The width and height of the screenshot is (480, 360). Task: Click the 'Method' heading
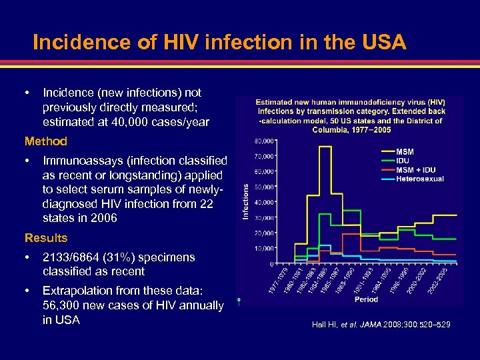46,141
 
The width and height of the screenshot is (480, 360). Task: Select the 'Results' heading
46,238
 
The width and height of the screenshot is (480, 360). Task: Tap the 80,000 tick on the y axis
264,141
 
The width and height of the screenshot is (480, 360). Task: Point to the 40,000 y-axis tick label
264,203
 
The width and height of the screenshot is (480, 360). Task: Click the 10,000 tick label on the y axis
264,249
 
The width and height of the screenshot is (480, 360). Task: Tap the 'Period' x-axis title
366,300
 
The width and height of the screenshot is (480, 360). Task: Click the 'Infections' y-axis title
245,202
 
